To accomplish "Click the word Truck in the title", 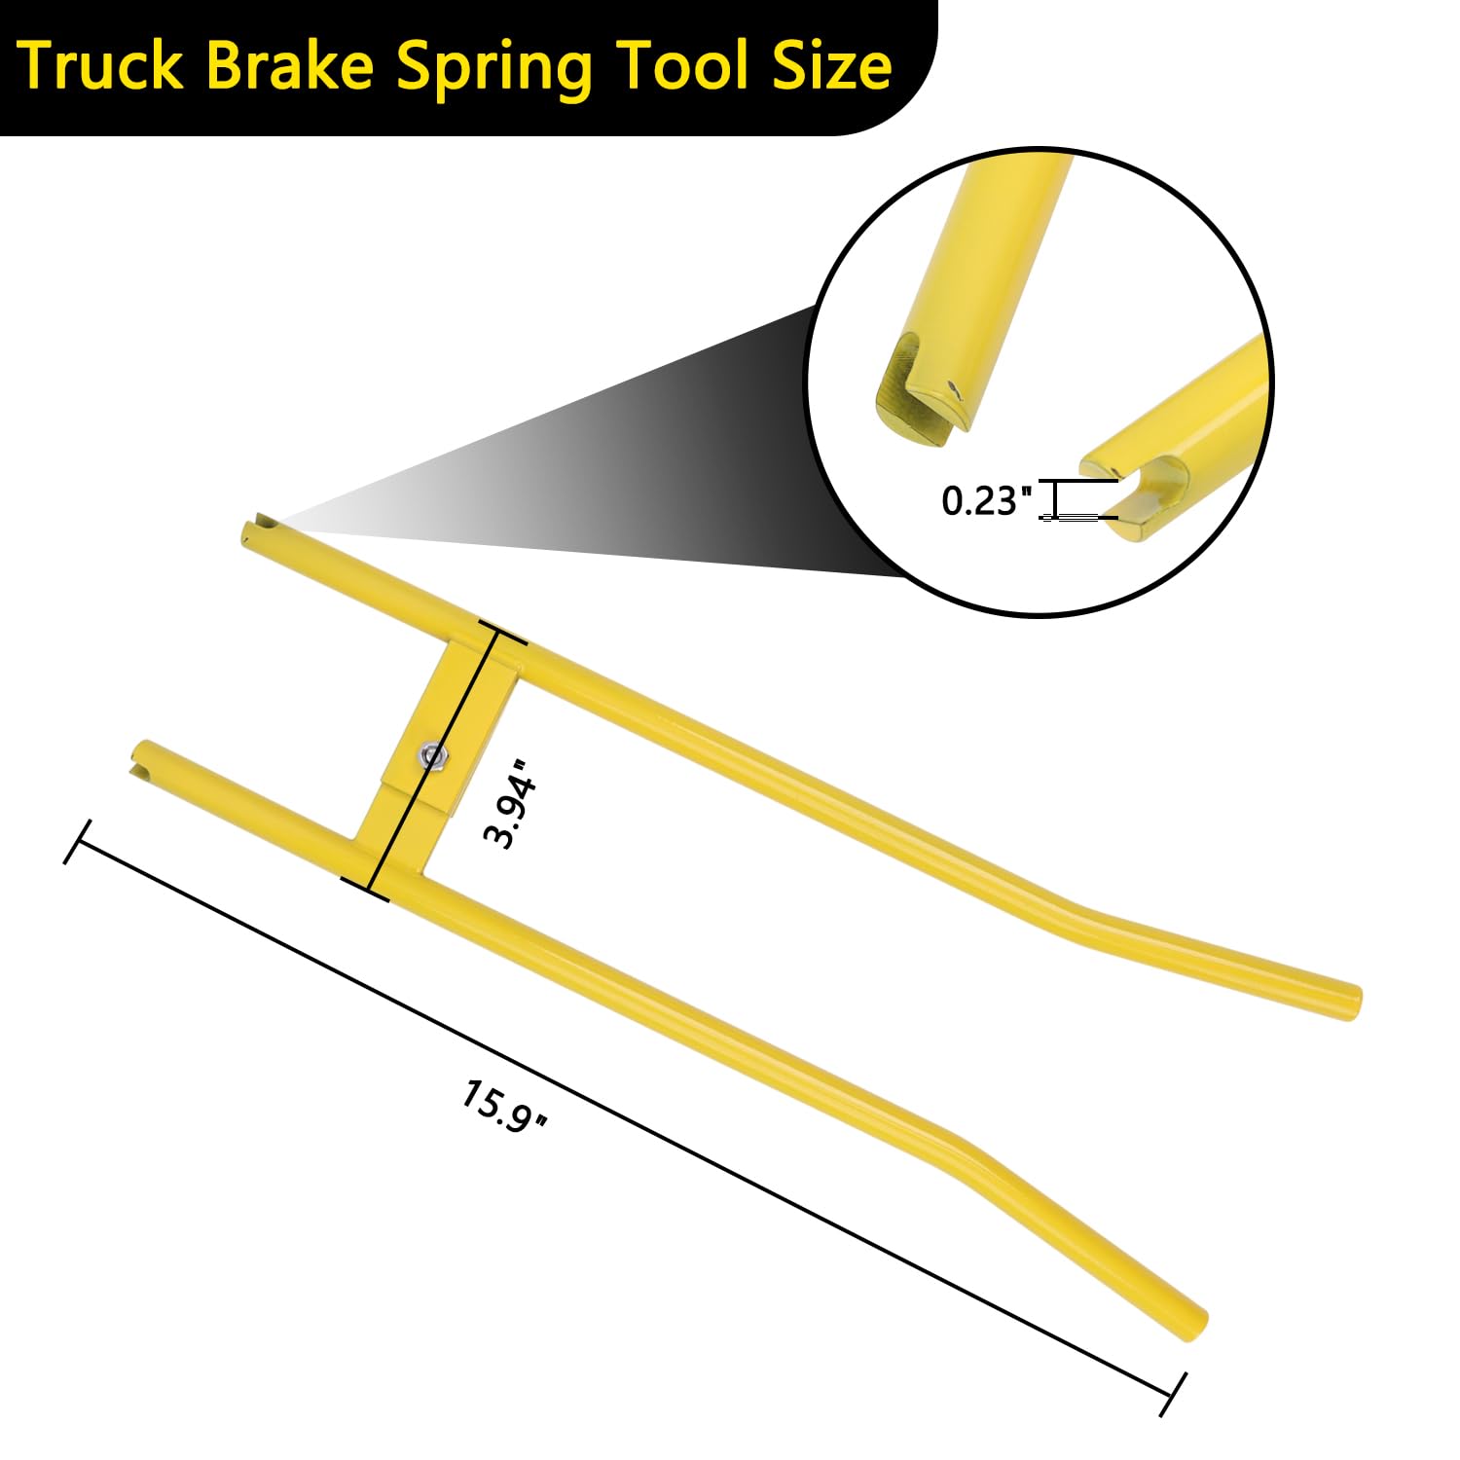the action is point(101,66).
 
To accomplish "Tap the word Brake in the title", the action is point(290,66).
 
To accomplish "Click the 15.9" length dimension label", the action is point(504,1106).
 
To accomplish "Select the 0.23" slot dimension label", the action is point(986,500).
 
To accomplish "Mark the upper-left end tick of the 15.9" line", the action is point(77,842).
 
